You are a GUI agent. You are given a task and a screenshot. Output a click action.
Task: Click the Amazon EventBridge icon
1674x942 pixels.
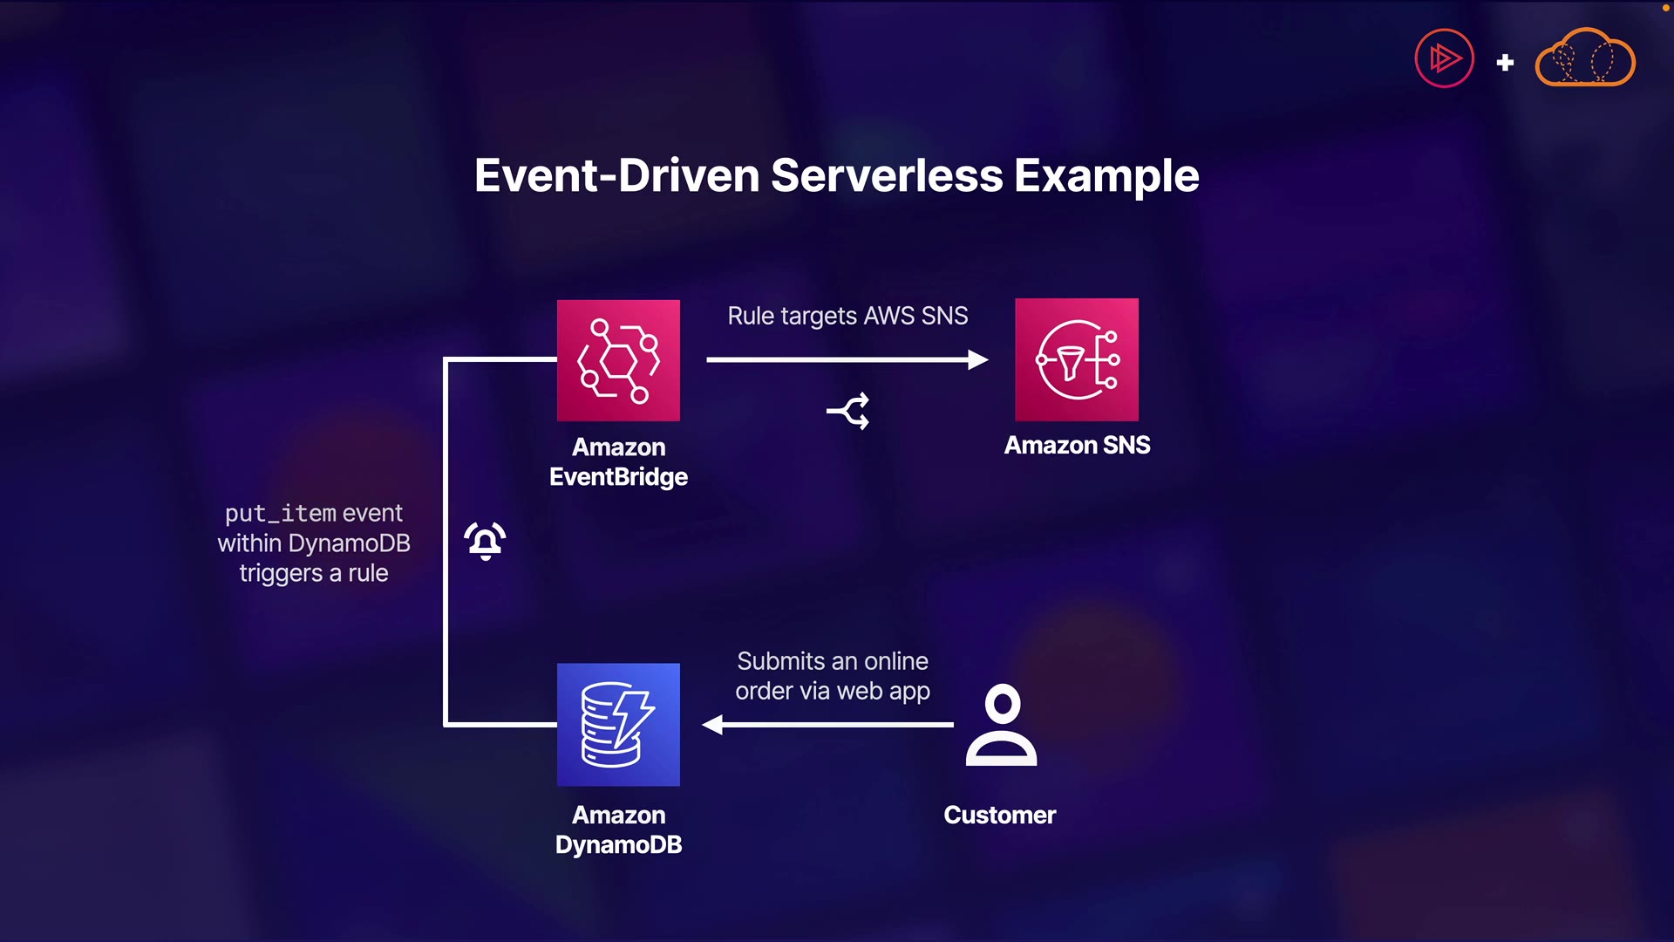tap(618, 360)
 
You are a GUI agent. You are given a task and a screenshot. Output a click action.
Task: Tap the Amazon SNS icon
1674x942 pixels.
tap(1077, 359)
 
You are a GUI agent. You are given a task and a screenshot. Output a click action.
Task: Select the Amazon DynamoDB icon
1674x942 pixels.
tap(618, 724)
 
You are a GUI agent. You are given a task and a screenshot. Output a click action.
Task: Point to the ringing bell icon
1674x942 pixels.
tap(486, 541)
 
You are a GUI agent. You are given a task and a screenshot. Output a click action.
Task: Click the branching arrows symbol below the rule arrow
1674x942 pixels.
tap(848, 411)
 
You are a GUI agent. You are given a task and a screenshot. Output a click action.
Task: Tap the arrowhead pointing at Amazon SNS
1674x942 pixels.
tap(977, 359)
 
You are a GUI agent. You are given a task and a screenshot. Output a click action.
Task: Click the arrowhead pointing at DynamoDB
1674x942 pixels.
tap(713, 724)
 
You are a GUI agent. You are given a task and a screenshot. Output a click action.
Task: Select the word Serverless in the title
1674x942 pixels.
tap(887, 175)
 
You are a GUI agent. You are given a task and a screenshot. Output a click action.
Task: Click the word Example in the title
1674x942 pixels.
tap(1106, 175)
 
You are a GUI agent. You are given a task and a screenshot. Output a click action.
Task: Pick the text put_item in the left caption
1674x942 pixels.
tap(280, 513)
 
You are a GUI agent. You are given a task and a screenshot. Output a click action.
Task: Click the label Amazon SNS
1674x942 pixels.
tap(1077, 445)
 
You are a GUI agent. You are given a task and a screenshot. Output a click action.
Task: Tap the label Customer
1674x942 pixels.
tap(999, 815)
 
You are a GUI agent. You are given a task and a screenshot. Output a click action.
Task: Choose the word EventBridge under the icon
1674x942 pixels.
tap(618, 476)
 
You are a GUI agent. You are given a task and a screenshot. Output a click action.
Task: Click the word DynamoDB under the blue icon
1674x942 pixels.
tap(618, 844)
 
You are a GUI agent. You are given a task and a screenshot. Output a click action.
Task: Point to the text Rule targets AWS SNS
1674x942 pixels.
tap(847, 316)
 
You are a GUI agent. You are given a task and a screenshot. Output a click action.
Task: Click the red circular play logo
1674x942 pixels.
tap(1444, 58)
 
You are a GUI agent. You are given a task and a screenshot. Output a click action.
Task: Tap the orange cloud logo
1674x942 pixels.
tap(1584, 58)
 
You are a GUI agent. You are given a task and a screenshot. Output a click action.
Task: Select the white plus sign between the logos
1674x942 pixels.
tap(1505, 63)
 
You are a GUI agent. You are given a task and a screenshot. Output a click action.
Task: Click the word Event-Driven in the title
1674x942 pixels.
tap(617, 175)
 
